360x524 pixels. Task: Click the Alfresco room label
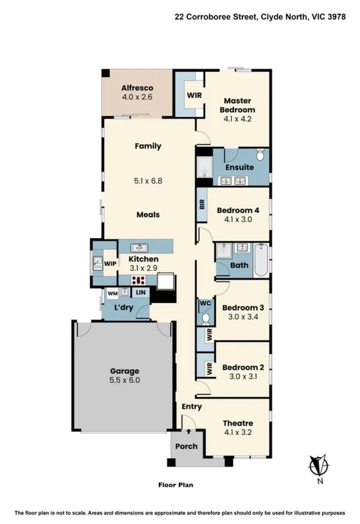point(137,88)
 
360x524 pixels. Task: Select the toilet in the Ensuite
point(261,155)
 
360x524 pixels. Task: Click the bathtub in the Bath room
point(262,260)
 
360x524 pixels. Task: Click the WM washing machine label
point(112,293)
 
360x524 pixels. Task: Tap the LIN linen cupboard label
point(140,293)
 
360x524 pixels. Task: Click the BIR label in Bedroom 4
point(202,205)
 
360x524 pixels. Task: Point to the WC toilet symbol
point(205,318)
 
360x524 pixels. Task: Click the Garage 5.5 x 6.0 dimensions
point(124,380)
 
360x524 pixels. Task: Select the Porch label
point(186,446)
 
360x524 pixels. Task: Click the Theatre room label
point(237,423)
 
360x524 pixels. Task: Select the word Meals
point(147,214)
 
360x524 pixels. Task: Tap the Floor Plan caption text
point(177,484)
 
